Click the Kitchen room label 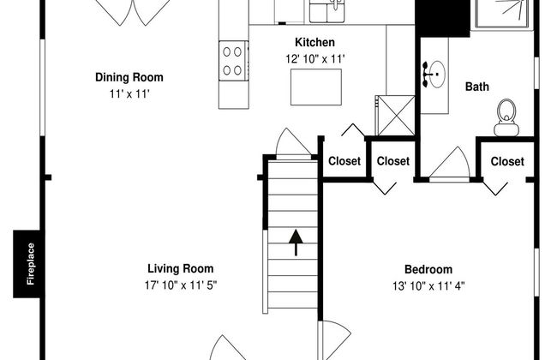pyautogui.click(x=314, y=42)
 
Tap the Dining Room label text pyautogui.click(x=129, y=77)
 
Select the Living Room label pyautogui.click(x=180, y=268)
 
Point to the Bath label pyautogui.click(x=476, y=87)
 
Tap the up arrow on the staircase pyautogui.click(x=295, y=243)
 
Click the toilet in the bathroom pyautogui.click(x=506, y=117)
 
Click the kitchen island pyautogui.click(x=314, y=86)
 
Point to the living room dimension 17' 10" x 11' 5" pyautogui.click(x=180, y=285)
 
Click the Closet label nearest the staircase pyautogui.click(x=344, y=161)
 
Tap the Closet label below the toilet pyautogui.click(x=507, y=161)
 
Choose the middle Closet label pyautogui.click(x=393, y=161)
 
